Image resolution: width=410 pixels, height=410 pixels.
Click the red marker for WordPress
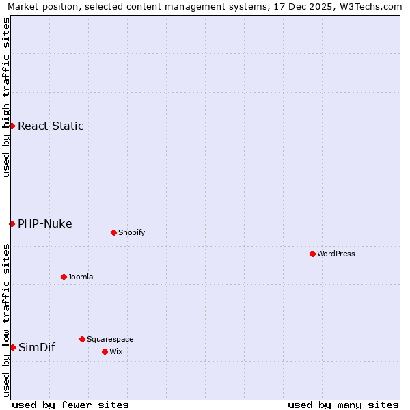pos(312,254)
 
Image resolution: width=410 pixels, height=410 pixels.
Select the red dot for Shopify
pos(113,232)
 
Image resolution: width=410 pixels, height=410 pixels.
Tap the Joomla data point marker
pos(64,277)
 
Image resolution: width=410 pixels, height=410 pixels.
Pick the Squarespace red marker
pos(82,339)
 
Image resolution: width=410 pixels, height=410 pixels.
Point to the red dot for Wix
pos(105,351)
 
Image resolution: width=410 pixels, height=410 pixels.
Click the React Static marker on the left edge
pos(12,126)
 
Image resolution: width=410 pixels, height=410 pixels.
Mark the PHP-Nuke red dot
pos(12,223)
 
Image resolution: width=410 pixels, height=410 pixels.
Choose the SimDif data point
pos(12,347)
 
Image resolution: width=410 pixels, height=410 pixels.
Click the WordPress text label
pos(336,254)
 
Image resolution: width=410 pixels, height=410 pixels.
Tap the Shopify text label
pos(132,232)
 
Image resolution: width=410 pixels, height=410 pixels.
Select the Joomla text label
pos(81,277)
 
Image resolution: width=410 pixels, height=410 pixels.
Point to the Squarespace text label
pos(110,339)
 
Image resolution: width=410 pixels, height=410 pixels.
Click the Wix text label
pos(116,351)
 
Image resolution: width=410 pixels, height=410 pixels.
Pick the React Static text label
pos(51,126)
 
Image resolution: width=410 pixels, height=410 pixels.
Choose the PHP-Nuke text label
pos(45,223)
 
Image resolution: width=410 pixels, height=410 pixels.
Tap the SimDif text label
pos(37,347)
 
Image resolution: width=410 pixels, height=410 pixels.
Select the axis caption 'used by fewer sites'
pos(70,405)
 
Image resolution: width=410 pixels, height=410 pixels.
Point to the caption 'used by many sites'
pos(343,405)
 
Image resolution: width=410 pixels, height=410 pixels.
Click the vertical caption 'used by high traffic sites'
pos(6,97)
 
